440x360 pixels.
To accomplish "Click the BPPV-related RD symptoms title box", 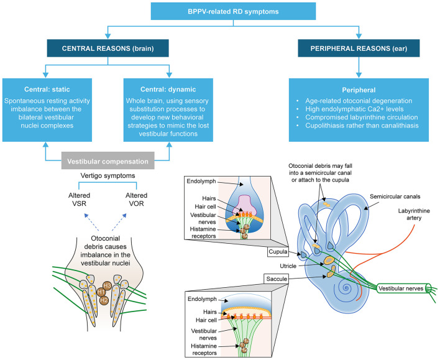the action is click(233, 11).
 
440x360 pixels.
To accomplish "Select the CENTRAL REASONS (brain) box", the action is click(108, 48).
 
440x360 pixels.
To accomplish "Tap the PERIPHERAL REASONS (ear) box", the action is click(359, 48).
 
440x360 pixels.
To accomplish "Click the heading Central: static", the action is click(47, 90).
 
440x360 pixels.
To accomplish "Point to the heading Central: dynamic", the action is click(168, 90).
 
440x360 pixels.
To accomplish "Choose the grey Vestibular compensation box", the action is click(108, 160).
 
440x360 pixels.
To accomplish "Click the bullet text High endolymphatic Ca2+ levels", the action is click(354, 109).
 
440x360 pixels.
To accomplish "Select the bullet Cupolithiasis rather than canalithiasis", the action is click(362, 126).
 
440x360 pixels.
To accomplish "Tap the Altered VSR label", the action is click(79, 200).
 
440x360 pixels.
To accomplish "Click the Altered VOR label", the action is click(136, 200).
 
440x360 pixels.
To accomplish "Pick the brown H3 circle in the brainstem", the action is click(107, 285).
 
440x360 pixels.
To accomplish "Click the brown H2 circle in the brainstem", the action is click(104, 300).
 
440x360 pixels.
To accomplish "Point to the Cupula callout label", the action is click(278, 252).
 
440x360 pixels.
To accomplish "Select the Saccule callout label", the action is click(277, 279).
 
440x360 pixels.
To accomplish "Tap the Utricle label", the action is click(288, 266).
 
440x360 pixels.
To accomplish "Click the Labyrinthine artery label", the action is click(414, 215).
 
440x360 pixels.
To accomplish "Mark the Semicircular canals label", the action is click(395, 196).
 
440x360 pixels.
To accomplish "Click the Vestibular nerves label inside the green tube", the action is click(401, 288).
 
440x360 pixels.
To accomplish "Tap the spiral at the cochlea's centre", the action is click(346, 288).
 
